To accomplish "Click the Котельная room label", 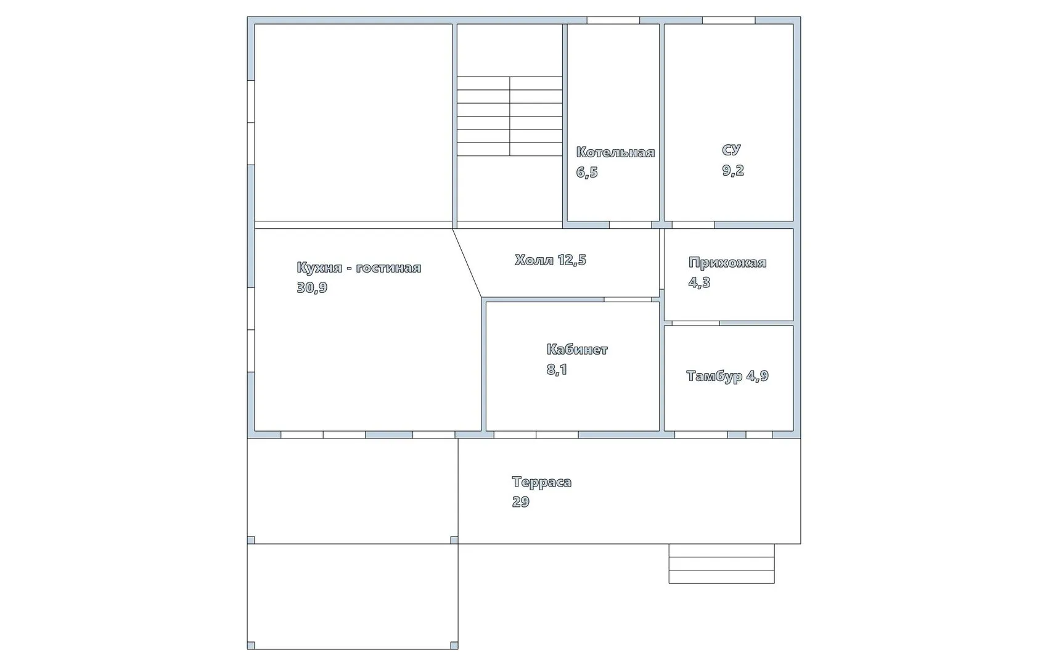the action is click(x=615, y=152).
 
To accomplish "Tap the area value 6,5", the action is click(x=587, y=173).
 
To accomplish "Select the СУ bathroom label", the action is click(x=731, y=150).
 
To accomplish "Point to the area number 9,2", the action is click(x=733, y=170).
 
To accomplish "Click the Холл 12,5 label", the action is click(x=551, y=260).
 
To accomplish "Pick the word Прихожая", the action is click(x=727, y=262).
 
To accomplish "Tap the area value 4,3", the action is click(x=700, y=282).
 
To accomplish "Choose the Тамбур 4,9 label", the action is click(x=727, y=376).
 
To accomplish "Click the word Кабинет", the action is click(x=578, y=349).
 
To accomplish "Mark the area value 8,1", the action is click(x=557, y=370).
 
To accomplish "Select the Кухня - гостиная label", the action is click(x=359, y=268).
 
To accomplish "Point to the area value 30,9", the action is click(x=312, y=288).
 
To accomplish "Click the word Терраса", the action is click(x=542, y=482).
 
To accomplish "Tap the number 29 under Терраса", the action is click(x=521, y=502).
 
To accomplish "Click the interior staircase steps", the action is click(x=509, y=116).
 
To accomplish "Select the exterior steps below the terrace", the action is click(x=721, y=564).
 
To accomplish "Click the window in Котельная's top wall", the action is click(x=613, y=20).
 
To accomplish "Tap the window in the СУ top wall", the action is click(x=729, y=20).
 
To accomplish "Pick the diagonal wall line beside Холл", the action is click(x=467, y=263).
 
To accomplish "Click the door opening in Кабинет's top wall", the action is click(x=628, y=300).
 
